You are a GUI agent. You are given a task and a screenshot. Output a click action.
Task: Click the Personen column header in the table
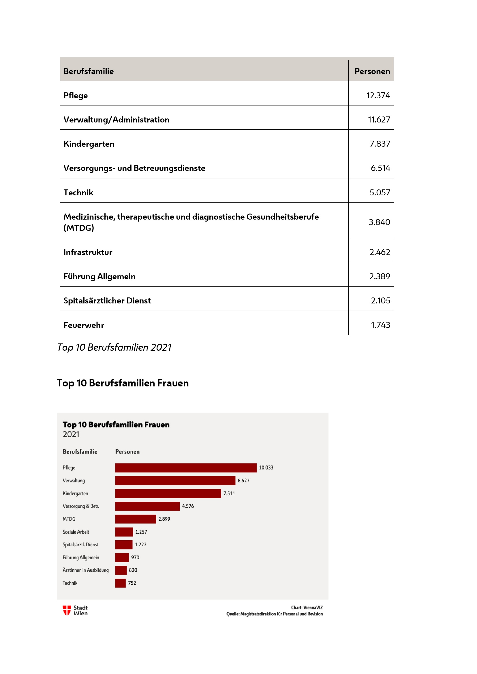(372, 71)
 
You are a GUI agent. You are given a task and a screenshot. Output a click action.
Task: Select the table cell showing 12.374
(378, 95)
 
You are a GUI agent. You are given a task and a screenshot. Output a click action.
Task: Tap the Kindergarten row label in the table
(89, 144)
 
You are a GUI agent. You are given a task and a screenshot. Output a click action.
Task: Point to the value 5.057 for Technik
(380, 192)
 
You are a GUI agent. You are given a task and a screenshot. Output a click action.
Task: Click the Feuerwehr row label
(84, 325)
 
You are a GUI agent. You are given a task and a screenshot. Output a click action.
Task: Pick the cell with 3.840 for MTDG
(379, 222)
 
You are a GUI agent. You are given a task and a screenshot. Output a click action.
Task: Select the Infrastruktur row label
(88, 252)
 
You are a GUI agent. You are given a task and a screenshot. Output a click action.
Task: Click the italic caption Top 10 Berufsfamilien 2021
(114, 347)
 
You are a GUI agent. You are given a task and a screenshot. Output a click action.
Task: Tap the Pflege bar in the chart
(186, 468)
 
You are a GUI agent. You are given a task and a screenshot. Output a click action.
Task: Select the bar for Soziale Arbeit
(124, 532)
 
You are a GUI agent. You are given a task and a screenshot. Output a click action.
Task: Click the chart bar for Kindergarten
(168, 493)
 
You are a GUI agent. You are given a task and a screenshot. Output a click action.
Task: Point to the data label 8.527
(243, 481)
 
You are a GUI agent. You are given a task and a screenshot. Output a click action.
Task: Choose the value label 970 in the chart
(135, 558)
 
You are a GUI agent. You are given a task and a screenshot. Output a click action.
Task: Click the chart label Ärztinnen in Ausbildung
(85, 570)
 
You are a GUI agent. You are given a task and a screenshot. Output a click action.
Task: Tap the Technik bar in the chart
(121, 583)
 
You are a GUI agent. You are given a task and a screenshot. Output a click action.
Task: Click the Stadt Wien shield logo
(67, 610)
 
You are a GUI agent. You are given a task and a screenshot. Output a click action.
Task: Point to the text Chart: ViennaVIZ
(307, 608)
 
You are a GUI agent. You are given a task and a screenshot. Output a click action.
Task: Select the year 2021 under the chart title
(71, 435)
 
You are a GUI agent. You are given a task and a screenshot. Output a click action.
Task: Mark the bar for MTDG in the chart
(136, 519)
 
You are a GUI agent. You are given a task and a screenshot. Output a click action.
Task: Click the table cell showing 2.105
(380, 301)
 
